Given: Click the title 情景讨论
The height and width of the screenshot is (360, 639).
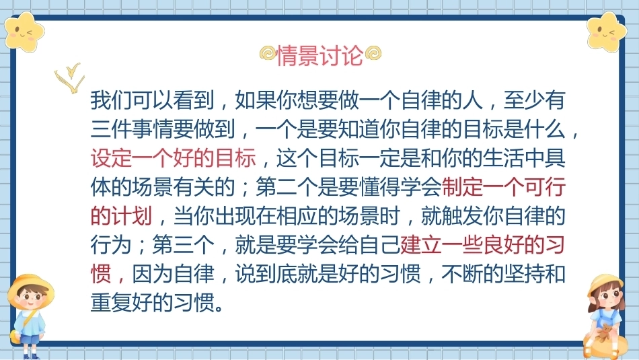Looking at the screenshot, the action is coord(319,55).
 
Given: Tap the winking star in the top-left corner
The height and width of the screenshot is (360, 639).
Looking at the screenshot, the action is coord(24,32).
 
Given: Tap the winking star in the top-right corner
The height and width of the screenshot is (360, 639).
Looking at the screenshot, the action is coord(607,32).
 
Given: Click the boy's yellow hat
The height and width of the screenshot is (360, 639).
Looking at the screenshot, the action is coord(30,286).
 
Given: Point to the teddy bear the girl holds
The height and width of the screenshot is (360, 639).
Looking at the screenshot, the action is coord(605,332).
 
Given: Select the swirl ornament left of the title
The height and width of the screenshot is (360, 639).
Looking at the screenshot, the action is coord(268,53).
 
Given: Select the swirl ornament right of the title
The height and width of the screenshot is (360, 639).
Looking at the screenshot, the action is coord(373,53).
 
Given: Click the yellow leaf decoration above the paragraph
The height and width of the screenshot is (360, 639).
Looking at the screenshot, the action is coord(70,77).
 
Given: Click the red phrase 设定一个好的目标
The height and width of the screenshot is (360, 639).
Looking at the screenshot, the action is coord(173,158).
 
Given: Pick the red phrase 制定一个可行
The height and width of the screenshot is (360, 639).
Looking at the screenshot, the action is coord(503,187).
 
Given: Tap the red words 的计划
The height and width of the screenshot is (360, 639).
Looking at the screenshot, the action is coord(122,216).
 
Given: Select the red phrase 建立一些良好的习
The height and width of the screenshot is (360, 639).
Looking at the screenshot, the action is coord(482,245).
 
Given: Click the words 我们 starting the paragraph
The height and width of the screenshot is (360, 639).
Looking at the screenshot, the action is coord(111,100).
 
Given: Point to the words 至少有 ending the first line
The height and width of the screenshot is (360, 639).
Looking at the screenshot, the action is coord(534,100).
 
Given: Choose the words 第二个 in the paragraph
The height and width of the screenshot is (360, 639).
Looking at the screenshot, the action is coord(287,187).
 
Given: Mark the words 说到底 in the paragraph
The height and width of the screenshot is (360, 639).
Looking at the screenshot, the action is coord(266,274).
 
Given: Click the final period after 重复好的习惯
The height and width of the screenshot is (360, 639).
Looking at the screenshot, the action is coord(220,308).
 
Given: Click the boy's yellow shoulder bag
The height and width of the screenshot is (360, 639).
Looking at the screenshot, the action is coord(15,336).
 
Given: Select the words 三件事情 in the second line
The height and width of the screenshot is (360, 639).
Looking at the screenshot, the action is coord(132,129).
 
